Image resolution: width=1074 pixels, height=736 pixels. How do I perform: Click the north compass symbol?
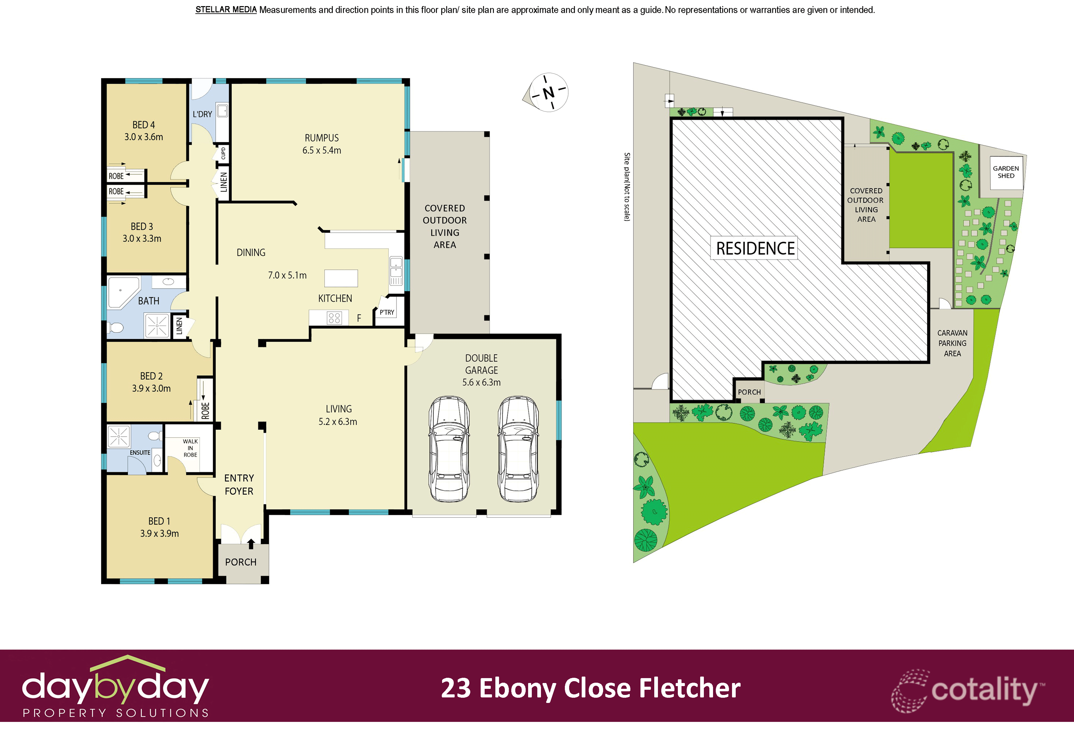click(548, 92)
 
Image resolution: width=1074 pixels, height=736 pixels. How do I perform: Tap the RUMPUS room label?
click(322, 138)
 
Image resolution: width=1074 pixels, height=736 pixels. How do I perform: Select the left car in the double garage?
click(449, 448)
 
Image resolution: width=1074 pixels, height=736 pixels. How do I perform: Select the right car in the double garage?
click(518, 448)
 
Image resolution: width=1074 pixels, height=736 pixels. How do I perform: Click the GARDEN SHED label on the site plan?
click(1006, 172)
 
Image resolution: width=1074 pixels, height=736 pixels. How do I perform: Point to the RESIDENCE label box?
click(755, 248)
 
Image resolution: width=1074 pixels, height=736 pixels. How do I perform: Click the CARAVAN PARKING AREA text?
click(952, 343)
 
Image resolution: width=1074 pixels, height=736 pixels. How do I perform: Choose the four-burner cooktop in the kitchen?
click(334, 318)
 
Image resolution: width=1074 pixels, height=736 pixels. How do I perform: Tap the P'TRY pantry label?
click(387, 312)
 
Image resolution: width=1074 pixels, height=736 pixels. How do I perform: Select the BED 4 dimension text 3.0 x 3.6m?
click(143, 137)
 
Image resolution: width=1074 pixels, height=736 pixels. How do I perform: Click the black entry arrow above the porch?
click(251, 543)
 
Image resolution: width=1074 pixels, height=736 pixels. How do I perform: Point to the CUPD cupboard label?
click(223, 153)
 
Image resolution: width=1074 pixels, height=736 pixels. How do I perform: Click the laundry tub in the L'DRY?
click(222, 111)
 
